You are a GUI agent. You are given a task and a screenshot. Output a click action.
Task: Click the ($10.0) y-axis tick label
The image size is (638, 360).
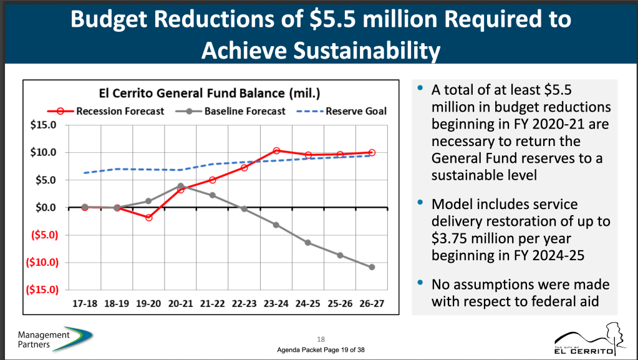[x=41, y=262]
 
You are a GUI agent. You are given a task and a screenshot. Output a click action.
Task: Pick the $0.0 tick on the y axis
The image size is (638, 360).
[x=45, y=207]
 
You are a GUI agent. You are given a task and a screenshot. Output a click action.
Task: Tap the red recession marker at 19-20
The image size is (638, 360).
[x=148, y=218]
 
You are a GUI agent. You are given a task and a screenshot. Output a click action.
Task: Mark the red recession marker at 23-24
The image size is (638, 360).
[x=276, y=151]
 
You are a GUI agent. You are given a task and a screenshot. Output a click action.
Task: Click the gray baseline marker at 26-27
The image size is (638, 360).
[x=372, y=267]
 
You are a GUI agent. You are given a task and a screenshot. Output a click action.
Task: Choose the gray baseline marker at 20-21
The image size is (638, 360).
[x=180, y=186]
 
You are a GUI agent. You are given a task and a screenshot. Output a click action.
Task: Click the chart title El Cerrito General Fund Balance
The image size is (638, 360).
[x=210, y=94]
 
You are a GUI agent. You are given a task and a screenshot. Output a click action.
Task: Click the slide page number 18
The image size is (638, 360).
[x=321, y=339]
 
